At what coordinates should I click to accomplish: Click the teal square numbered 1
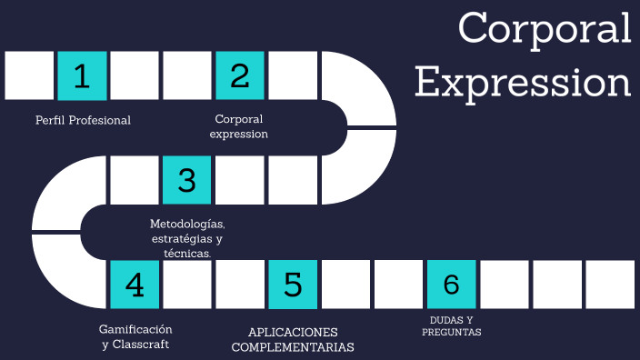(82, 75)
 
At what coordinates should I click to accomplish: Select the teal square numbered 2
(240, 75)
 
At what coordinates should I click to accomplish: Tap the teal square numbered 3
(187, 180)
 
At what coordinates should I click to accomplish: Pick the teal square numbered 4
(135, 285)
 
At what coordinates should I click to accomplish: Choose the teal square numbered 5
(293, 285)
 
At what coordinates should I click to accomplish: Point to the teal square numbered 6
(451, 285)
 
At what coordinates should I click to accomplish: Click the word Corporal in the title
(545, 28)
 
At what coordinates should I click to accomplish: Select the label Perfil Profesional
(83, 120)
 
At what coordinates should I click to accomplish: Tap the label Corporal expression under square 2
(239, 126)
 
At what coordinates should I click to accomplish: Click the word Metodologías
(187, 224)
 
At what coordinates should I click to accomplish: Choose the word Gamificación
(135, 329)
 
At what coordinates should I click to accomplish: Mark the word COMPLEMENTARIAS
(293, 347)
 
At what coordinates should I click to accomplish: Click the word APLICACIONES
(293, 332)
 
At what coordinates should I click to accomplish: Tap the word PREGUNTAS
(451, 333)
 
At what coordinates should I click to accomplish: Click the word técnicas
(187, 254)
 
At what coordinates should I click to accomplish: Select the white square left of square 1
(29, 75)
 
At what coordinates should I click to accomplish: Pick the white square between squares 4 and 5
(187, 285)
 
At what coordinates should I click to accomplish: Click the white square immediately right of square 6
(504, 285)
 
